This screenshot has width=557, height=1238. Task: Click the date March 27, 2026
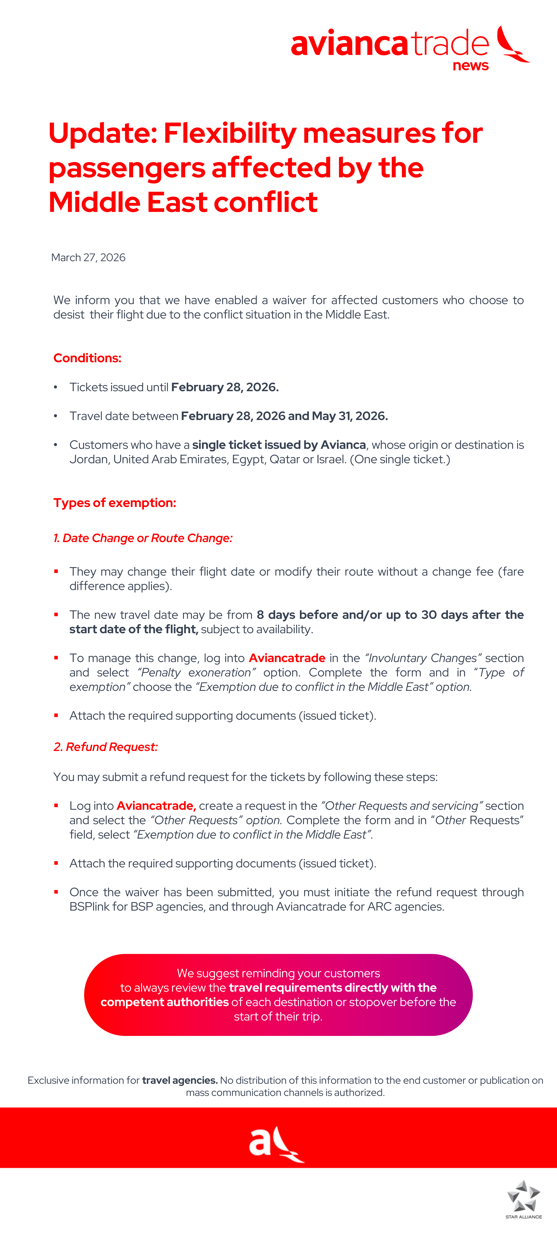(x=88, y=258)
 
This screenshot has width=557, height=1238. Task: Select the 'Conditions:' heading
(x=87, y=358)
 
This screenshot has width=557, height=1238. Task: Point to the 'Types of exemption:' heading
(x=115, y=503)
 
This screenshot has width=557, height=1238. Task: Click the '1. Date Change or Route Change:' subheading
(x=143, y=538)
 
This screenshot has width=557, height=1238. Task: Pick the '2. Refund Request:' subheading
(x=106, y=747)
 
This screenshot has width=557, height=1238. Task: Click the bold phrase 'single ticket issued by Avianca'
(x=279, y=445)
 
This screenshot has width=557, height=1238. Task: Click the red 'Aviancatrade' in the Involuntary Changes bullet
(x=287, y=658)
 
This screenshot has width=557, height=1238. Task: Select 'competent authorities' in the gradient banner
(x=165, y=1002)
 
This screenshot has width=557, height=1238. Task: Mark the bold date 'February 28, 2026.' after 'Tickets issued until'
(x=225, y=387)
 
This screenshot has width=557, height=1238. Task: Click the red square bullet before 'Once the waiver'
(x=56, y=892)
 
